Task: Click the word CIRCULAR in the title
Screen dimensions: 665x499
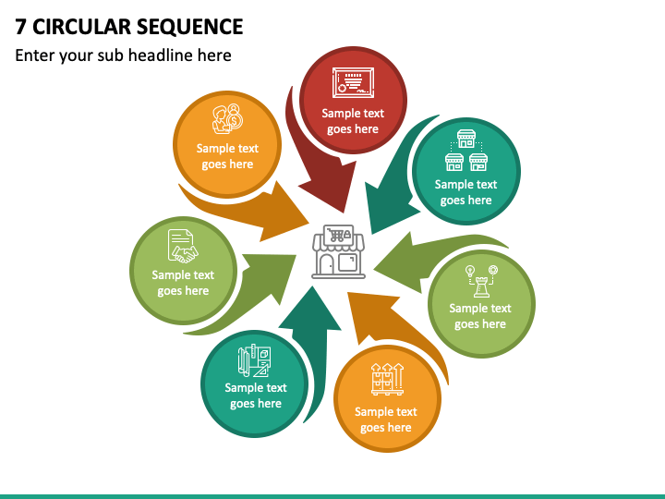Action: [x=82, y=27]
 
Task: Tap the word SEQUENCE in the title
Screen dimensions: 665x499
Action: [x=190, y=27]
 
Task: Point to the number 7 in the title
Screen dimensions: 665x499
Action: [x=20, y=27]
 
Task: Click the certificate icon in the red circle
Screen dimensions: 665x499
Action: [x=353, y=83]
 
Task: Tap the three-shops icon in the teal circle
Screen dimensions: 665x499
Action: [x=466, y=151]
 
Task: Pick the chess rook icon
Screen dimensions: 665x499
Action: [x=481, y=281]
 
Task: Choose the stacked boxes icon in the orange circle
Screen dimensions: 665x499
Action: [x=387, y=379]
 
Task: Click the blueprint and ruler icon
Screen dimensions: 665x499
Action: [x=254, y=360]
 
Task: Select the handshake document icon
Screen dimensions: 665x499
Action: [x=183, y=246]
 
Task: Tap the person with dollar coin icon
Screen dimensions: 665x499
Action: [x=227, y=119]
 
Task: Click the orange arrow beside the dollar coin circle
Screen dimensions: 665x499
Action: [x=255, y=210]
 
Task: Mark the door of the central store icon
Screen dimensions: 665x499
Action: [x=327, y=265]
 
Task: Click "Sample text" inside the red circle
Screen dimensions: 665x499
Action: [x=353, y=114]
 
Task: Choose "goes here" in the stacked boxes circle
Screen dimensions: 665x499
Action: [x=386, y=427]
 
